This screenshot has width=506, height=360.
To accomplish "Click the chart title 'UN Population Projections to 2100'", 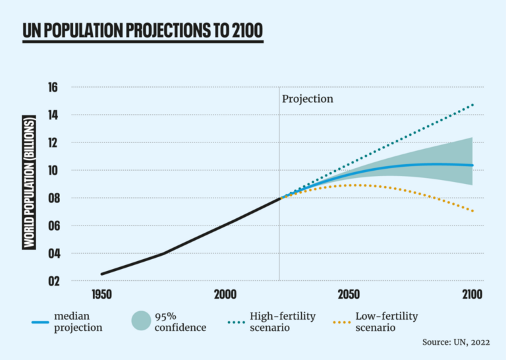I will pos(143,31).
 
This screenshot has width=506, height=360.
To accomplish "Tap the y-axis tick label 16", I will pos(53,88).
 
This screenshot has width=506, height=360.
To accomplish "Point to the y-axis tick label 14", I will pos(53,115).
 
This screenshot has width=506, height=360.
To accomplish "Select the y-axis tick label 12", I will pos(53,143).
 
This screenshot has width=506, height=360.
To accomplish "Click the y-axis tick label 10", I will pos(53,171).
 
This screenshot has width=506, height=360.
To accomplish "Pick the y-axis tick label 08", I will pos(53,198).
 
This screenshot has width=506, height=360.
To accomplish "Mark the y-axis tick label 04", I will pos(53,254).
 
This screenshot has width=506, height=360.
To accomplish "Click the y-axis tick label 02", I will pos(53,282).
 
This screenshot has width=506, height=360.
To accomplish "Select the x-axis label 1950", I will pos(101,294).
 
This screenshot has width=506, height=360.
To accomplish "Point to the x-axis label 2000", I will pos(225,294).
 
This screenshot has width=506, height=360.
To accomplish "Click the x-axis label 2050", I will pos(349,294).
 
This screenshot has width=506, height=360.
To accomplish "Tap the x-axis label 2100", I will pos(472,294).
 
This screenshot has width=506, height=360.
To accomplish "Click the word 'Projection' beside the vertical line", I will pos(308,99).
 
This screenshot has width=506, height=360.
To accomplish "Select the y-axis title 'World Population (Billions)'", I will pos(29,183).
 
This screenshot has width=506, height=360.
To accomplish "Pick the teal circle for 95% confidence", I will pos(140,322).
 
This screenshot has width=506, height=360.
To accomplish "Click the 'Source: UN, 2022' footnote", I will pos(457,343).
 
